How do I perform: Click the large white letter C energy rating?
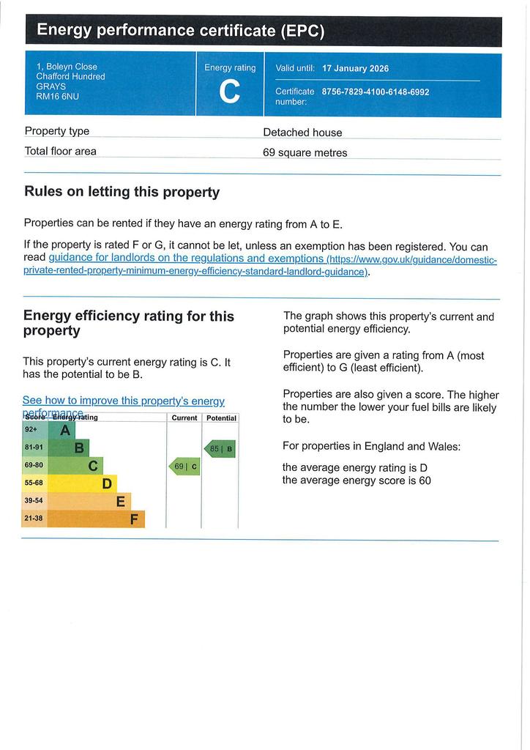229,92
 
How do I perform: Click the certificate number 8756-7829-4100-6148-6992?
375,92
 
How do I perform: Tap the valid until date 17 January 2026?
355,68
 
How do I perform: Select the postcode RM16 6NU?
57,96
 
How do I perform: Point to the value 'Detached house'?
302,133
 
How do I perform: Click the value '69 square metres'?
305,152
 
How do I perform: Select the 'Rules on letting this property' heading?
122,192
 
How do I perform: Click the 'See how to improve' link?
123,401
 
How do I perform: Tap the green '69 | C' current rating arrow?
184,467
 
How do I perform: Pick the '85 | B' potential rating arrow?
220,449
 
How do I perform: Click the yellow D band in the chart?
82,483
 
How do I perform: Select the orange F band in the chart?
96,519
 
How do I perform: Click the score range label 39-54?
34,501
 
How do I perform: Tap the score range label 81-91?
34,448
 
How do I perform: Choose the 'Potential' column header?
221,418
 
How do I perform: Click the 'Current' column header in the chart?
184,418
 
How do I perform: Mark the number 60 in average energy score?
425,480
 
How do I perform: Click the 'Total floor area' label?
60,151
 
